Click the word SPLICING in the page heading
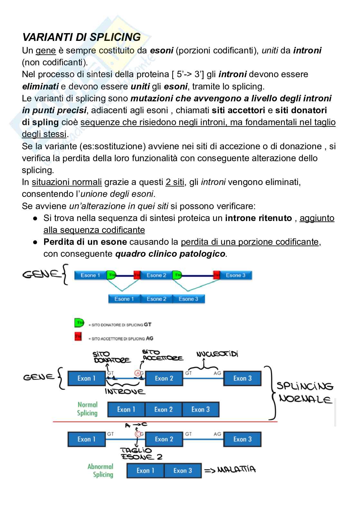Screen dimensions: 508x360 (x=115, y=37)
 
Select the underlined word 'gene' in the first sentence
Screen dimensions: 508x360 (x=46, y=51)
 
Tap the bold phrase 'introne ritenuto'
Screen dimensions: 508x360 (x=259, y=218)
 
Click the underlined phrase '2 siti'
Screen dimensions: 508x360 (x=175, y=182)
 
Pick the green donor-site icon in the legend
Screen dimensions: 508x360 (x=79, y=322)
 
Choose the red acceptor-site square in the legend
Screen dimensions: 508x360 (x=78, y=337)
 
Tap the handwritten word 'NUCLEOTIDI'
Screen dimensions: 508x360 (x=217, y=355)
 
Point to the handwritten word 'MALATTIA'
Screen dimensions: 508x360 (x=236, y=470)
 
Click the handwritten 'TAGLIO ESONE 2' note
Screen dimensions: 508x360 (x=141, y=454)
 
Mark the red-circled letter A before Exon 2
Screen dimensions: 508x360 (x=137, y=373)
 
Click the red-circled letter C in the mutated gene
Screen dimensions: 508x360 (x=138, y=434)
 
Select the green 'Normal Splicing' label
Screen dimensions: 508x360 (x=87, y=409)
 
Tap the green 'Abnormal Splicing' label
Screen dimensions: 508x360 (x=100, y=470)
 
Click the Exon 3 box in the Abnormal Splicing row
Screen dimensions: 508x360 (x=183, y=471)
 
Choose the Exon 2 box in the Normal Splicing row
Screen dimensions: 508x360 (x=163, y=410)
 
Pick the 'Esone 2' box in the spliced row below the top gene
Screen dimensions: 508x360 (x=156, y=299)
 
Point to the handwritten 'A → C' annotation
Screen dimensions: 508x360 (x=136, y=425)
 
